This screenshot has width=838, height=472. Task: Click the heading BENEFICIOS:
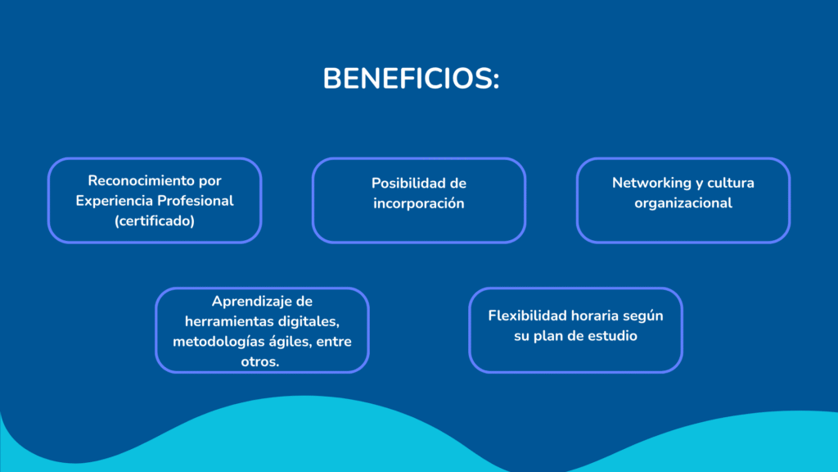(x=411, y=79)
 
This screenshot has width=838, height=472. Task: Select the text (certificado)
(x=155, y=221)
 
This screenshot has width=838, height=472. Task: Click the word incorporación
(x=419, y=204)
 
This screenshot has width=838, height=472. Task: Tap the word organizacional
(x=683, y=203)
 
